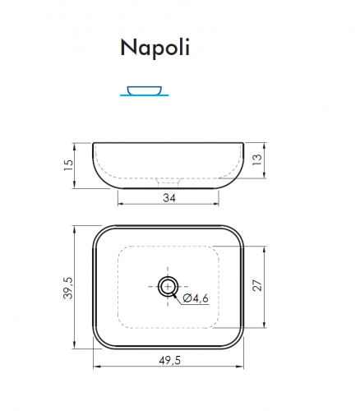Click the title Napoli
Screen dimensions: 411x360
point(155,48)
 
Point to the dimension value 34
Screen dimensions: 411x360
point(169,197)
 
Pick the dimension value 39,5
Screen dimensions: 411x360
point(69,288)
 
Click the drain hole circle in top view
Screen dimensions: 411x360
point(168,286)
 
